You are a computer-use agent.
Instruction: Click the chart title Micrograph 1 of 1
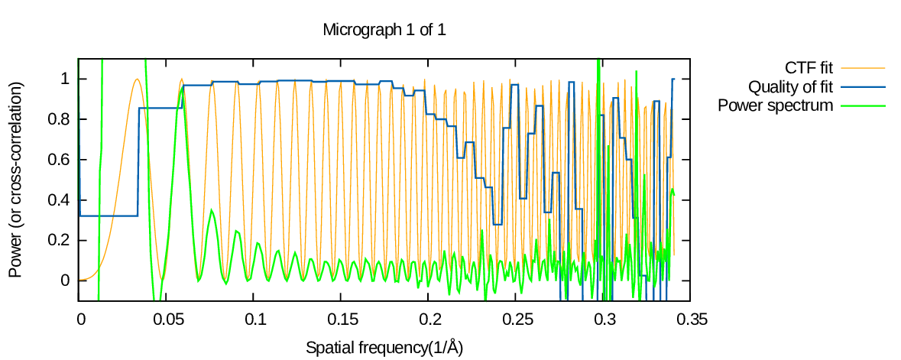(384, 31)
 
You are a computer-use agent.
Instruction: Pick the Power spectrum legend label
(775, 105)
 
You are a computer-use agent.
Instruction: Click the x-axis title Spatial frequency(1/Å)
(384, 348)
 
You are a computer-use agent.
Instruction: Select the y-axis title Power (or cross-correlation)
(15, 179)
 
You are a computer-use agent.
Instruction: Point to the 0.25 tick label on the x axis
(517, 317)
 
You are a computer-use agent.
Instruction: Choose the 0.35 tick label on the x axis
(691, 317)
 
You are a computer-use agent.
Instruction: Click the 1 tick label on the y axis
(65, 79)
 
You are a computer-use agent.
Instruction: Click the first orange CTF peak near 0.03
(137, 79)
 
